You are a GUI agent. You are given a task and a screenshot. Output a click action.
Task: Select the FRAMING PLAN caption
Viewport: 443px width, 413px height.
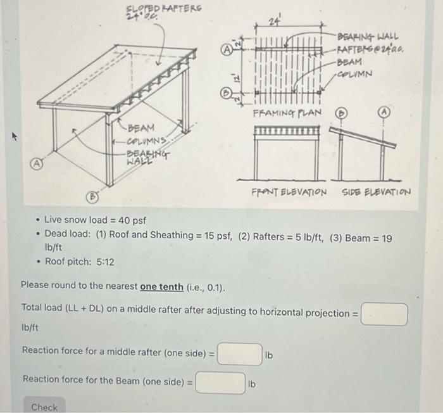287,113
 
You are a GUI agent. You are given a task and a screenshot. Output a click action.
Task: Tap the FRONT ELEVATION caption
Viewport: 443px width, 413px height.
290,191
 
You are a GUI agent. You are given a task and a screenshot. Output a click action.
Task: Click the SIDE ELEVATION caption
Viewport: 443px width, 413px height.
376,191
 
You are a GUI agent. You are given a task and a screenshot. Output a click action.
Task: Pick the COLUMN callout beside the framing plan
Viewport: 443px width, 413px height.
355,73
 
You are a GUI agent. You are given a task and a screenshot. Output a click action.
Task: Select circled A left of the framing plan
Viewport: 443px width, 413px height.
225,48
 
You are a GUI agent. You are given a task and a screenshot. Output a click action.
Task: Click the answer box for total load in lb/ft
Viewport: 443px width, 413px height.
384,314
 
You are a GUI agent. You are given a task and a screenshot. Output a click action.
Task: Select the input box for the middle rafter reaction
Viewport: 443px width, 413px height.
240,354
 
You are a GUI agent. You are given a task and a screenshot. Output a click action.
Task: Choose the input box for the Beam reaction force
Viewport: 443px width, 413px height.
220,383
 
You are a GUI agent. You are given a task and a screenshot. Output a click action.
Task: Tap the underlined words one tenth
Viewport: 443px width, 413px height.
161,286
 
